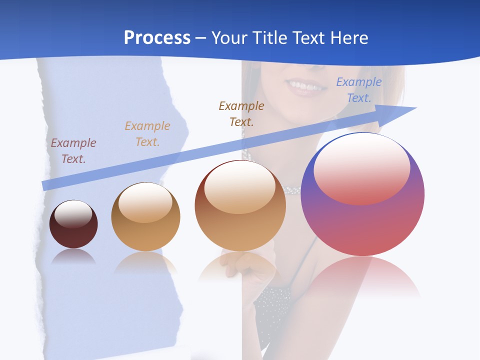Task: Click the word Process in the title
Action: (157, 38)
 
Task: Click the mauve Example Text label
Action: (73, 151)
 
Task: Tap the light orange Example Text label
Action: (147, 134)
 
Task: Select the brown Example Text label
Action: (241, 113)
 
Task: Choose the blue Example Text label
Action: (359, 90)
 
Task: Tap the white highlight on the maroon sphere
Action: (73, 214)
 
